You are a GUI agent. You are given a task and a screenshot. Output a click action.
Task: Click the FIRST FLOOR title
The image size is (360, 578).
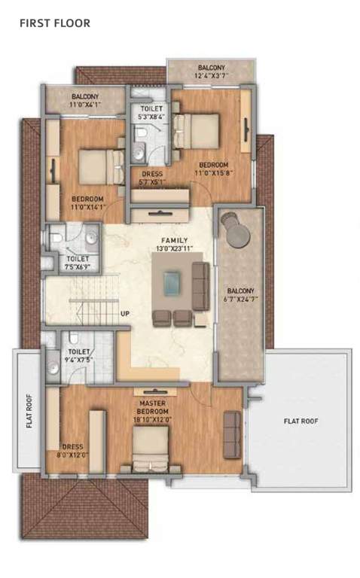pos(54,23)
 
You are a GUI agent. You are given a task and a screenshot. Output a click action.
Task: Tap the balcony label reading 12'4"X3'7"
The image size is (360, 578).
pos(211,75)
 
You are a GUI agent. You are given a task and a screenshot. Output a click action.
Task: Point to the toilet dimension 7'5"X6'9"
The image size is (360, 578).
pos(77,266)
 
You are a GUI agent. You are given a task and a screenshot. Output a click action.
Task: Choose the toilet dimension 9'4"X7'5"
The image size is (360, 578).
pos(80,360)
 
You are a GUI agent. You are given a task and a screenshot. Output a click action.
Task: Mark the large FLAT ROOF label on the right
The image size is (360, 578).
pos(301,421)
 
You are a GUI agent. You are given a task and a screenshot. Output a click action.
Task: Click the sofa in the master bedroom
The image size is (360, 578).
pos(232,435)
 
